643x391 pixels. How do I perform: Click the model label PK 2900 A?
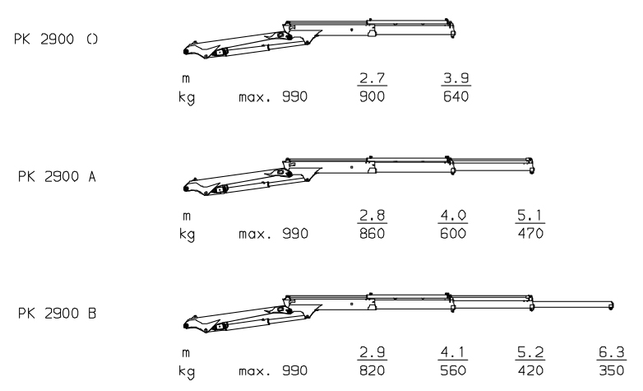(x=57, y=177)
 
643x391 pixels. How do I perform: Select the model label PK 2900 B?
(x=57, y=314)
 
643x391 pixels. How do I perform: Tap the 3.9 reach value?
(x=456, y=77)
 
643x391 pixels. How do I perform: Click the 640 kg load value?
(x=456, y=96)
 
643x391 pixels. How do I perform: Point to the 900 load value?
(x=372, y=96)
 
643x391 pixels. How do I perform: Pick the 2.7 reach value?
(x=372, y=77)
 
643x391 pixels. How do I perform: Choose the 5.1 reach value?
(x=530, y=215)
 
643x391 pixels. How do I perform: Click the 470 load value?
(x=530, y=233)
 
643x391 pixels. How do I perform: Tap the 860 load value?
(x=372, y=233)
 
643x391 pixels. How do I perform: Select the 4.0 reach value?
(x=453, y=215)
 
